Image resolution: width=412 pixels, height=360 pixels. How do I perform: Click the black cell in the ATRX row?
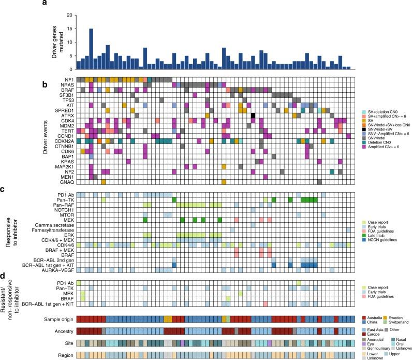pyautogui.click(x=253, y=115)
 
